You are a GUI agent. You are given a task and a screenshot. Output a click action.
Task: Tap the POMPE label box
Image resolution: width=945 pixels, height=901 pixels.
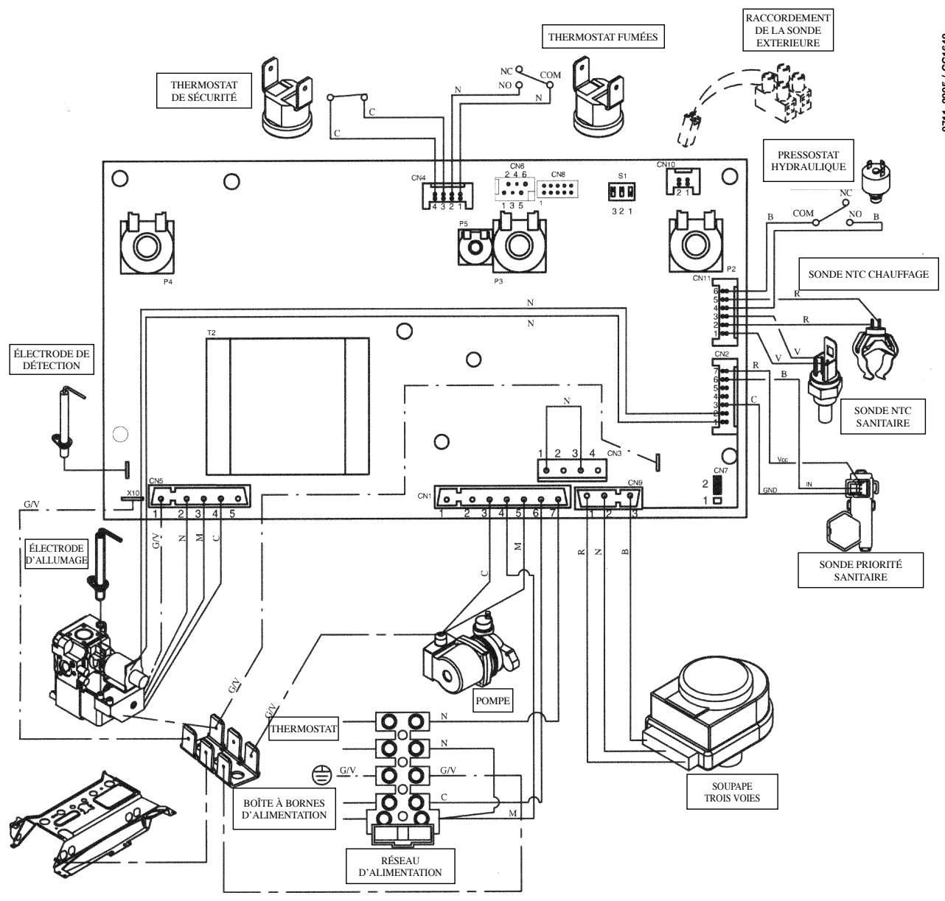(x=492, y=701)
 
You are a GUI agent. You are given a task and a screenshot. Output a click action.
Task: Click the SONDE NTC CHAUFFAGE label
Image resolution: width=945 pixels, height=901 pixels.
(x=868, y=274)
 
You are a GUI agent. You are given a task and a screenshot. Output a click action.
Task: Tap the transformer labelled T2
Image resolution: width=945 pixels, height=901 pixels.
(x=287, y=406)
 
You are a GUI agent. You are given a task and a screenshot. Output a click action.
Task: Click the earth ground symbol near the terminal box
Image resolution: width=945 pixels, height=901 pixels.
(x=318, y=774)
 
